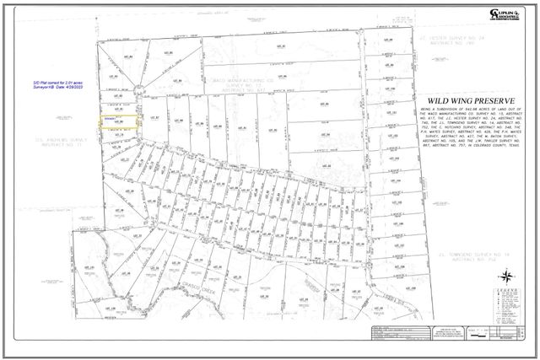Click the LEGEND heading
[505, 289]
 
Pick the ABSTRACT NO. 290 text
[439, 44]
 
